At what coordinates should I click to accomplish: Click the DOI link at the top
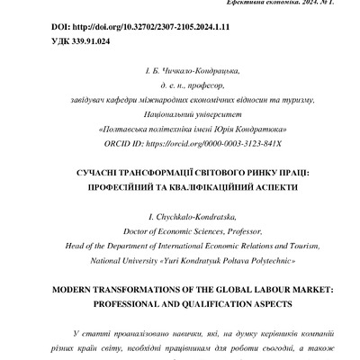coord(109,28)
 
